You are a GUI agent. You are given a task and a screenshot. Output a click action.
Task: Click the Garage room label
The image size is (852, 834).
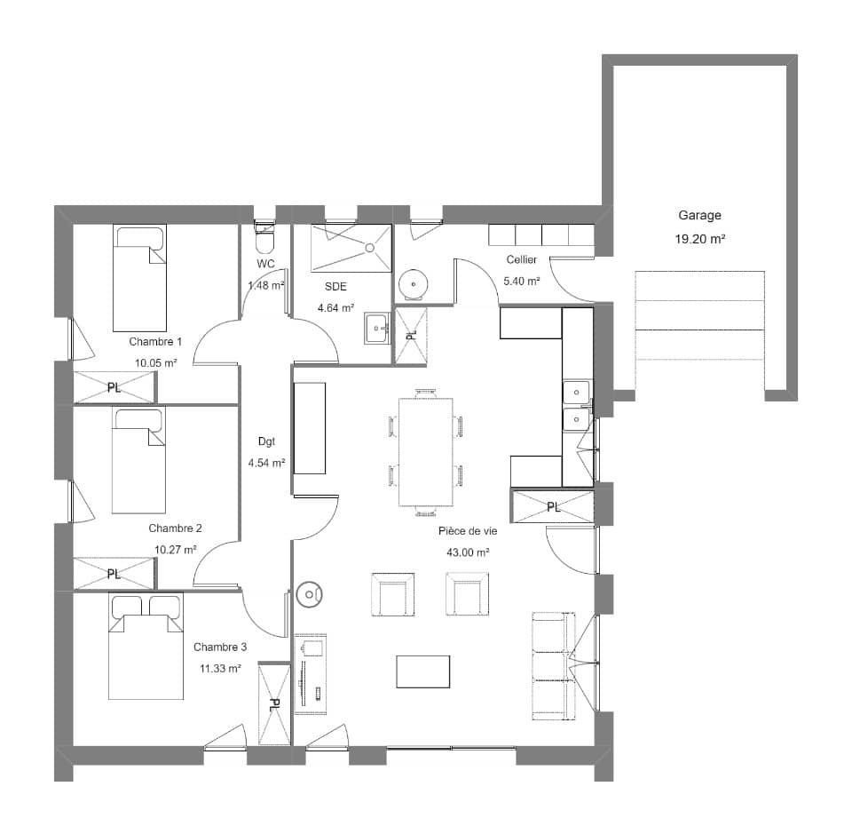pos(699,215)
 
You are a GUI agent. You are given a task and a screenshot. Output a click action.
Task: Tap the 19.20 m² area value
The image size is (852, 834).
pos(699,238)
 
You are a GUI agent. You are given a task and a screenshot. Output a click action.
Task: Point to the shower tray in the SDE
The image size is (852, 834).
pos(351,248)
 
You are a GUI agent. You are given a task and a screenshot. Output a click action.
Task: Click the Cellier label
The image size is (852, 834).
pos(522,259)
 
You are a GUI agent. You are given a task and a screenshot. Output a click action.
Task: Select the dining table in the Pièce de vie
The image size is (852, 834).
pos(425,452)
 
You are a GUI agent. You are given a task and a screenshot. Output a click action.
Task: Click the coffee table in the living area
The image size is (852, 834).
pos(422,671)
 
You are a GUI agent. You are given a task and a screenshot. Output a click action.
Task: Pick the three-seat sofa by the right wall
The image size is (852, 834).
pos(552,666)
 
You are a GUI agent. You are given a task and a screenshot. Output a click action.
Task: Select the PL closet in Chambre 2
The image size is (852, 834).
pos(114,574)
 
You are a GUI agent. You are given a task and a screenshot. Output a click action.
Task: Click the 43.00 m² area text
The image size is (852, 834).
pos(468,552)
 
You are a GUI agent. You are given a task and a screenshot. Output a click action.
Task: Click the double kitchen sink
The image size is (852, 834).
pos(577,404)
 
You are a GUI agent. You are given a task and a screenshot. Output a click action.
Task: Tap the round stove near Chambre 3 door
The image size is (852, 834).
pos(310,594)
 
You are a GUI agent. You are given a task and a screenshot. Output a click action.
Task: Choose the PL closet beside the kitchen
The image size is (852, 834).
pos(552,507)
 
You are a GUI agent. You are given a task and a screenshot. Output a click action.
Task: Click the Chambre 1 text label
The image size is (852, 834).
pos(155,341)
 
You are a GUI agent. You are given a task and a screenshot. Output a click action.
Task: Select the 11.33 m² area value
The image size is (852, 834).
pos(218,669)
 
